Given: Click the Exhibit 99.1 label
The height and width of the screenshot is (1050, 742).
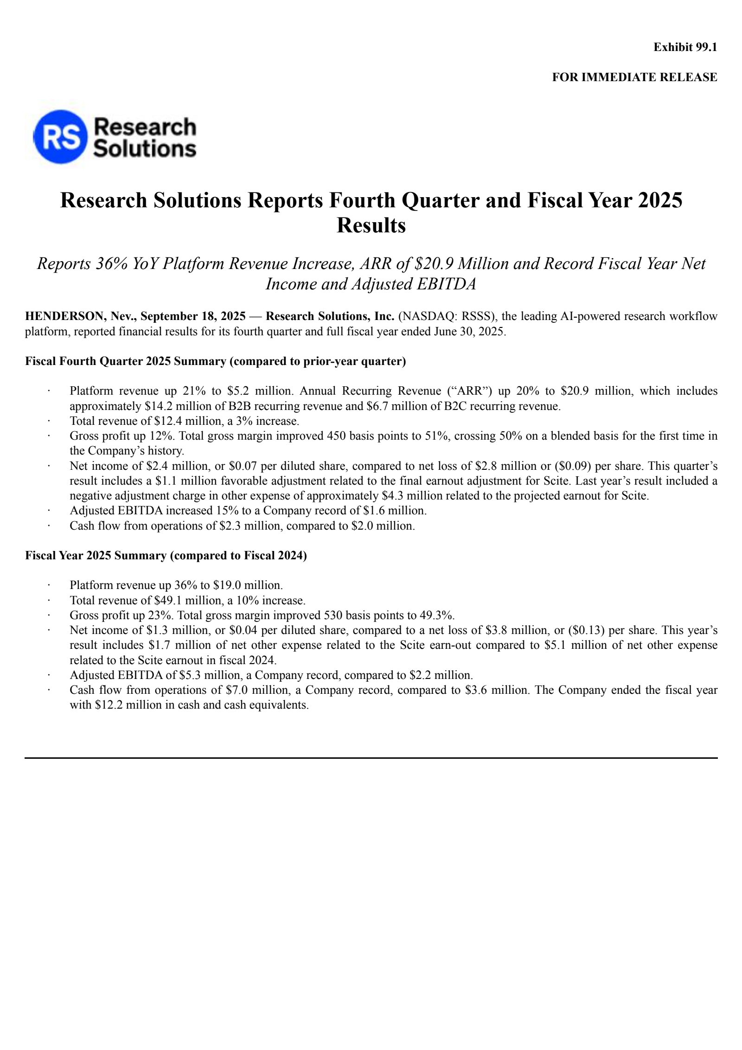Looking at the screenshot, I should coord(685,47).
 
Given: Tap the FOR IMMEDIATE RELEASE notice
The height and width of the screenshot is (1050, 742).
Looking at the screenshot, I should coord(634,77).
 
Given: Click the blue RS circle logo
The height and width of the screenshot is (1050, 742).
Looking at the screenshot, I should coord(60,137).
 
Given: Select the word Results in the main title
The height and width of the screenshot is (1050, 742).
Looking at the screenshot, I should coord(371,226).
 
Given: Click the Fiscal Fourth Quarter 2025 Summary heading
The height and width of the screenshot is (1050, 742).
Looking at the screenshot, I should coord(215,361).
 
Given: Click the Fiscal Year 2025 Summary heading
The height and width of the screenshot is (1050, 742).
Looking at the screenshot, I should coord(166,556).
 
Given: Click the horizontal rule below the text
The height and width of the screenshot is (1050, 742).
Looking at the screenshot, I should coord(371,758).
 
